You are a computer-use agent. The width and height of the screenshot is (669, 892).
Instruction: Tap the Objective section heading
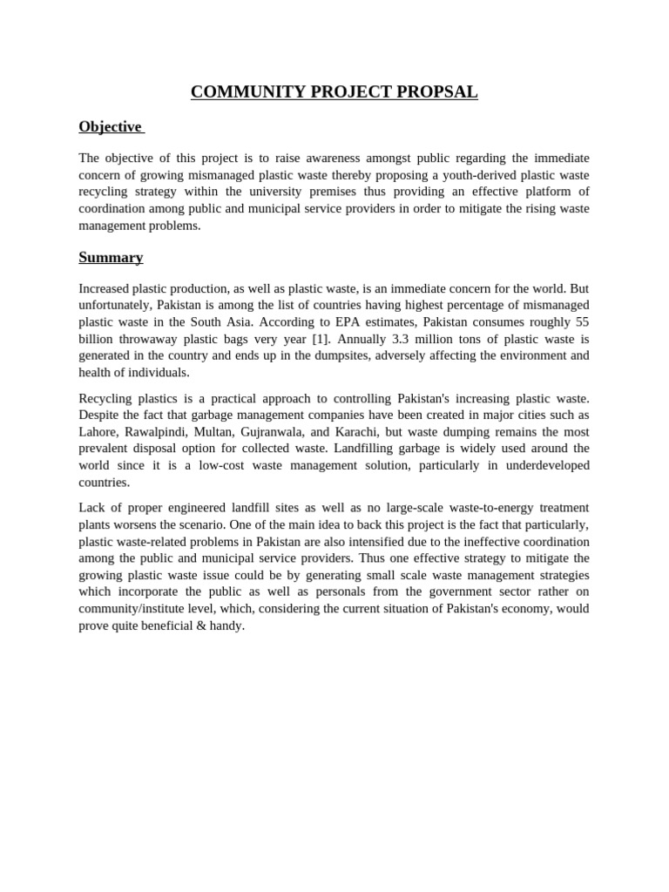pos(110,127)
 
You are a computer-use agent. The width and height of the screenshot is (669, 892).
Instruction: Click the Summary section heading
pos(111,258)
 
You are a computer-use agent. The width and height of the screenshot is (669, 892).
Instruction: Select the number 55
pos(581,322)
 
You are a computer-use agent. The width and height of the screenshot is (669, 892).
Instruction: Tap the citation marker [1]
pos(321,339)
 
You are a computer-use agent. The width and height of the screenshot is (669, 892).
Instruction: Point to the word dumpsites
pos(389,355)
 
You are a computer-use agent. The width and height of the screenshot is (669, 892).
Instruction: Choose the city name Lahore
pos(98,432)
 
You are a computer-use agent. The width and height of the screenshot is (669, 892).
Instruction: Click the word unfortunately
pos(114,306)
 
